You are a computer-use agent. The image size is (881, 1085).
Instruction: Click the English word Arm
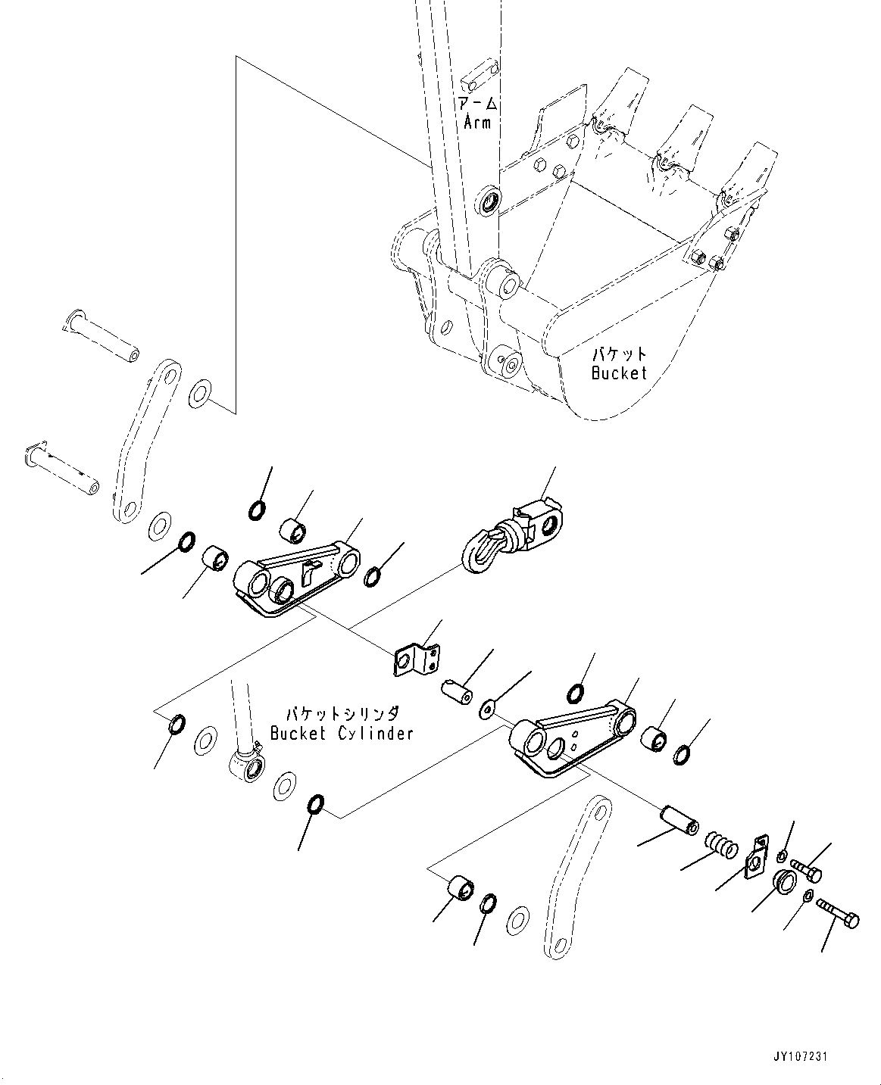477,121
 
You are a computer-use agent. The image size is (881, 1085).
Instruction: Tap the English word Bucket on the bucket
620,373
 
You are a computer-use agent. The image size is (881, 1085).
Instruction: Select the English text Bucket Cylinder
342,733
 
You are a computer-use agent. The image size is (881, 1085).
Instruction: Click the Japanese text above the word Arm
477,104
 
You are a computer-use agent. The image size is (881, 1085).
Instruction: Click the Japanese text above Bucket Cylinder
342,714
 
